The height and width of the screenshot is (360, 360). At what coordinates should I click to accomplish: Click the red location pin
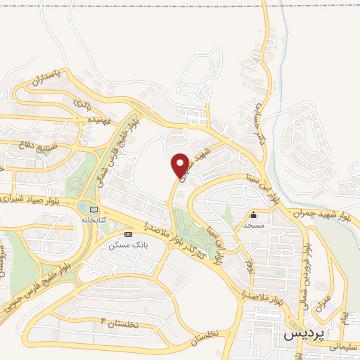tap(181, 165)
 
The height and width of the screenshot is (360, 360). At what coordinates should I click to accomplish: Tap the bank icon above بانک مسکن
tap(127, 234)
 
